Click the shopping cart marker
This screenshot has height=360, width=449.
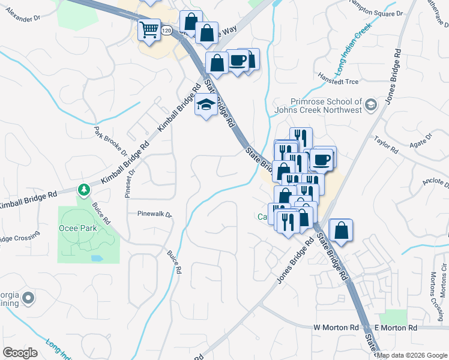coord(149,29)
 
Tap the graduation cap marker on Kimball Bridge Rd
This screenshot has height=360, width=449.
coord(206,105)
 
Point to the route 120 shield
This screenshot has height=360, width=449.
coord(166,30)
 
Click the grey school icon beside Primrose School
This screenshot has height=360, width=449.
coord(370,105)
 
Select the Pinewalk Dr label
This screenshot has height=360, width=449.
coord(154,214)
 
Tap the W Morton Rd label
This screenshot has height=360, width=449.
coord(336,328)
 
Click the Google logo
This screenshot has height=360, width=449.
coord(20,353)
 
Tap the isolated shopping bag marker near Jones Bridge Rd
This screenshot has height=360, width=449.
coord(341,231)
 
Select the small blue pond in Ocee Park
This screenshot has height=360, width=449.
coord(97,259)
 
